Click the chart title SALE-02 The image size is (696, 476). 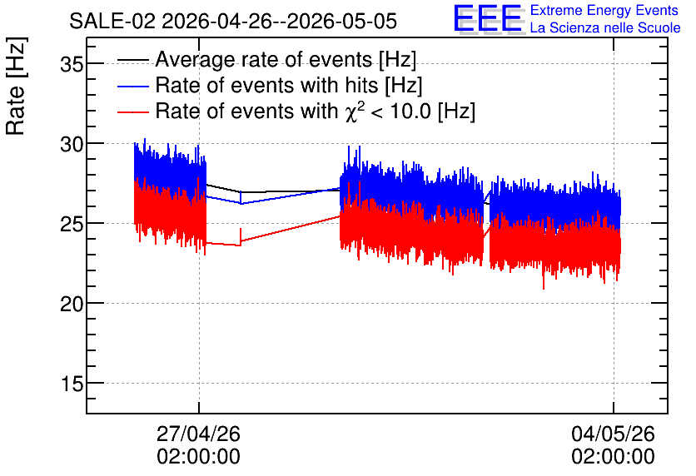coord(112,22)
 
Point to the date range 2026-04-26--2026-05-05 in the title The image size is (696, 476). coord(279,22)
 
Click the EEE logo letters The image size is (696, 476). coord(487,19)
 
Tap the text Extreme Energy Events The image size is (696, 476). coord(604,10)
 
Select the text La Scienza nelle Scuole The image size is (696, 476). coord(605,27)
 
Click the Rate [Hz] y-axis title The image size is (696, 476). coord(16,86)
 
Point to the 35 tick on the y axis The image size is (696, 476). coord(72,64)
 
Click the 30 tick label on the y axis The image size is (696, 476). coord(72,144)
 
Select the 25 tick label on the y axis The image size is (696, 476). coord(72,224)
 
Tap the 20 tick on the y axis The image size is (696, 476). coord(72,304)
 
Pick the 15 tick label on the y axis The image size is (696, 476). coord(72,384)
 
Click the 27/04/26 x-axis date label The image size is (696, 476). coord(198,434)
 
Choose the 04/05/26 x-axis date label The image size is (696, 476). coord(613,434)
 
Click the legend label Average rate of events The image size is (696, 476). coord(286,59)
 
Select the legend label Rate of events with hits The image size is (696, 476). coord(289,85)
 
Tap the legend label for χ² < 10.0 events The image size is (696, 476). coord(316,111)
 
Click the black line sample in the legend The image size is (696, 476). coord(132,60)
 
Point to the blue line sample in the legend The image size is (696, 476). coord(132,86)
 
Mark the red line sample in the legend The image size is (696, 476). coord(132,112)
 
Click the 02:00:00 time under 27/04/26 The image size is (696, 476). coord(198,457)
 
